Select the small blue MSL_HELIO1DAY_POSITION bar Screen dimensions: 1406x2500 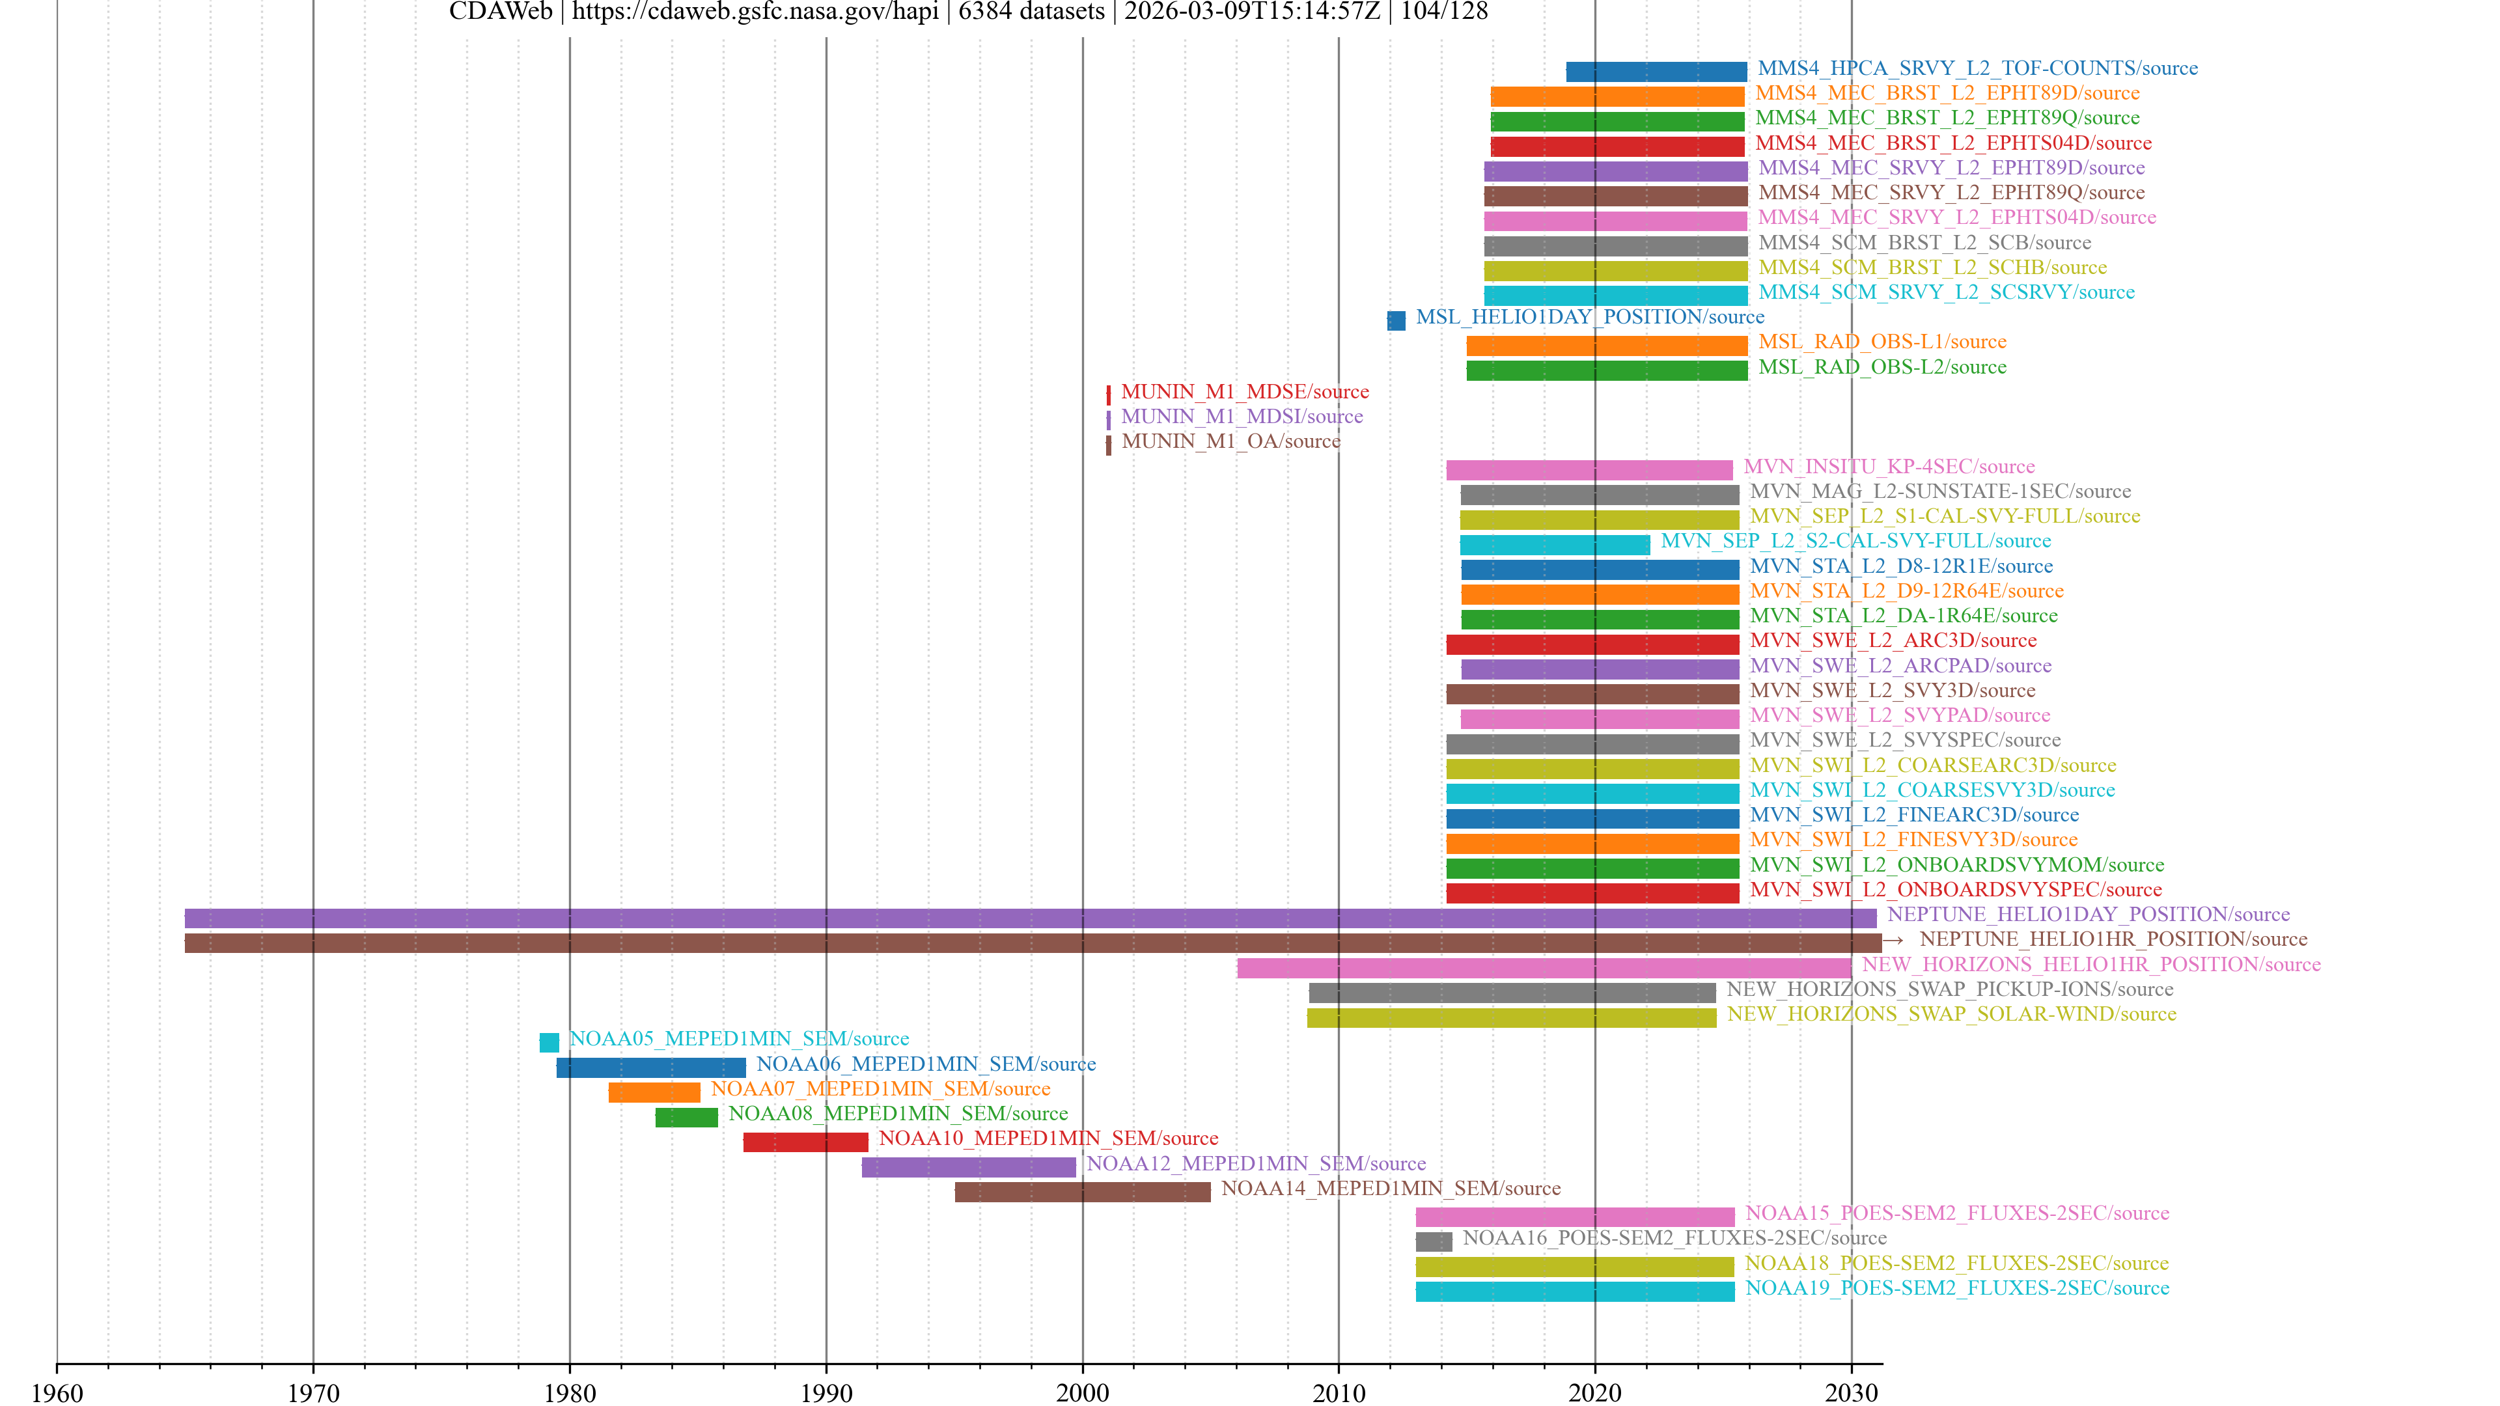tap(1396, 320)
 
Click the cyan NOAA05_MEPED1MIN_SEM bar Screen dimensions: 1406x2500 tap(549, 1042)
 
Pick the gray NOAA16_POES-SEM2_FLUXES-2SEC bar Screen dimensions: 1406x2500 tap(1434, 1241)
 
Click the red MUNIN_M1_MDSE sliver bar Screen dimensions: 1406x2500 tap(1108, 395)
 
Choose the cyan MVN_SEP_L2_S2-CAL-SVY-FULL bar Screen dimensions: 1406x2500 tap(1555, 544)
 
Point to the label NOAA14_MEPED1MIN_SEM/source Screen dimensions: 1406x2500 tap(1391, 1189)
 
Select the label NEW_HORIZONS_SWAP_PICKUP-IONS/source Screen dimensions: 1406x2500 tap(1950, 989)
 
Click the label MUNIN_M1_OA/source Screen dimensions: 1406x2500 tap(1230, 441)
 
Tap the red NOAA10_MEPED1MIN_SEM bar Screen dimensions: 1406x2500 tap(805, 1142)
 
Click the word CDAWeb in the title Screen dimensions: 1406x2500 tap(500, 12)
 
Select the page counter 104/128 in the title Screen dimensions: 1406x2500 tap(1444, 12)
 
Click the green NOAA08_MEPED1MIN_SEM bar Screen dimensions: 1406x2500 tap(686, 1117)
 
